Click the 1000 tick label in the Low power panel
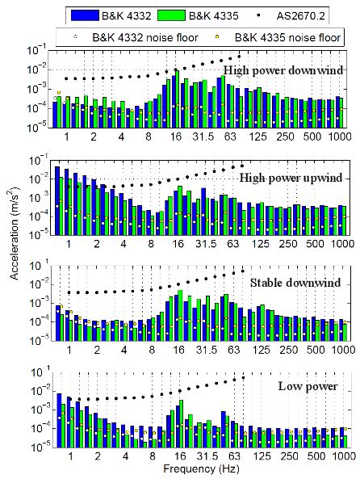click(x=339, y=456)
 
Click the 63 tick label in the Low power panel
click(x=234, y=456)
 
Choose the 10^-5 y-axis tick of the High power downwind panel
click(x=35, y=128)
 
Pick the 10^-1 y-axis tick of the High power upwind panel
click(x=35, y=159)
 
